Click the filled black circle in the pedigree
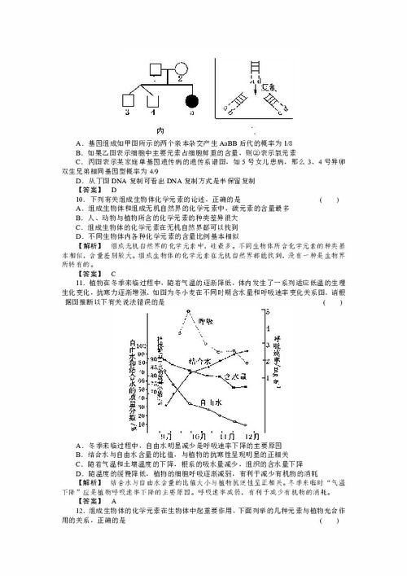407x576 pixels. point(193,102)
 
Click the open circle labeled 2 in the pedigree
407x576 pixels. point(181,68)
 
